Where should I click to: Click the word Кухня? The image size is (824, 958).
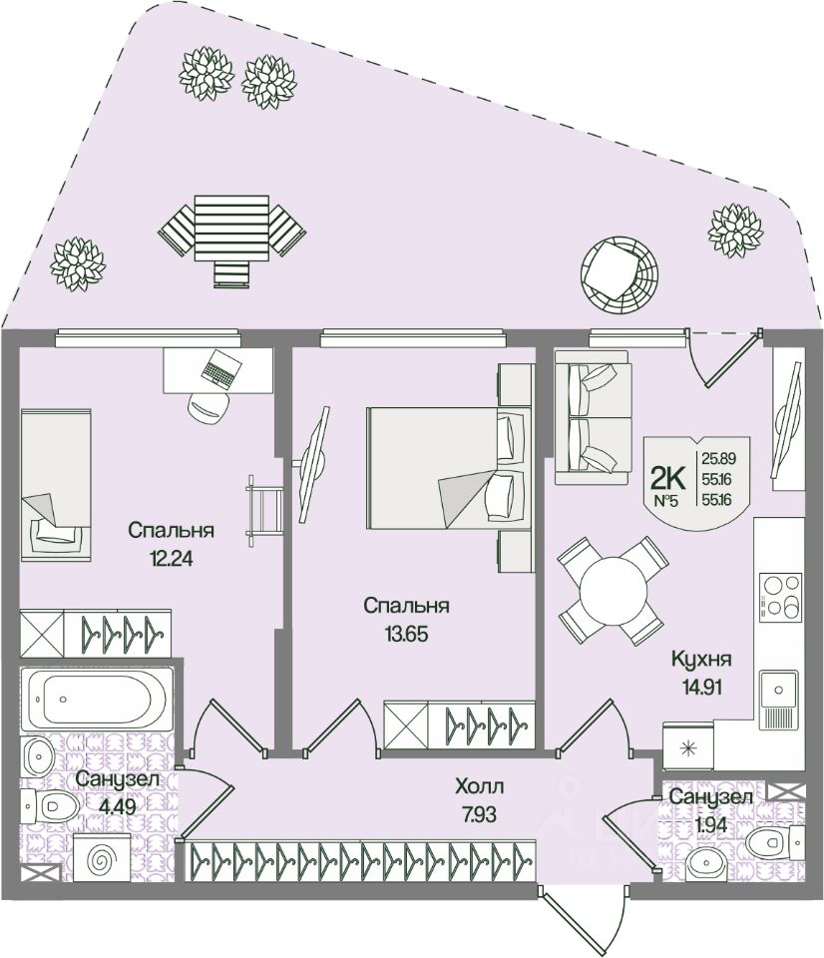point(701,659)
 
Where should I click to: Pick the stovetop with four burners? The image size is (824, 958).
point(778,596)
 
